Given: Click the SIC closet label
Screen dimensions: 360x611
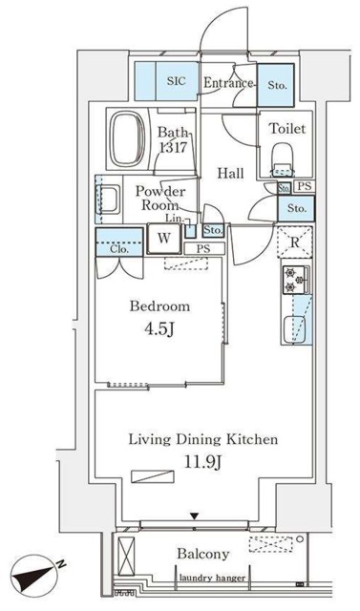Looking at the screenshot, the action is pyautogui.click(x=177, y=81).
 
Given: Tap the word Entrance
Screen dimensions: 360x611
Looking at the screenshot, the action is pyautogui.click(x=228, y=83).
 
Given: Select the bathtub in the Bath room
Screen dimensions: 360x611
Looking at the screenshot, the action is pyautogui.click(x=127, y=138).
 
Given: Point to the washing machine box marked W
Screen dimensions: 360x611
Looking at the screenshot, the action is pyautogui.click(x=164, y=239).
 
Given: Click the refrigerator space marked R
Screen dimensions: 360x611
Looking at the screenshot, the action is pyautogui.click(x=294, y=242).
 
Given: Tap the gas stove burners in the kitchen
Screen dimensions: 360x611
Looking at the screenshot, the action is pyautogui.click(x=295, y=280).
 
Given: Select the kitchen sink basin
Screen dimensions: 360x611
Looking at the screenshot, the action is pyautogui.click(x=294, y=329).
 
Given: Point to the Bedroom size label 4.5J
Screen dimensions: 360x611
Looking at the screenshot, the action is pyautogui.click(x=159, y=329).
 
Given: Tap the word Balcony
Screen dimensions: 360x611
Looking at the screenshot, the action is pyautogui.click(x=203, y=554).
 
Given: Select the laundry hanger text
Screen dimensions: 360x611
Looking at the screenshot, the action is pyautogui.click(x=212, y=578).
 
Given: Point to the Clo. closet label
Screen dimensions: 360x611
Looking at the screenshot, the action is pyautogui.click(x=119, y=249).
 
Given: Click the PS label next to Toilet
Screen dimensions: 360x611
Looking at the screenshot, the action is pyautogui.click(x=305, y=186).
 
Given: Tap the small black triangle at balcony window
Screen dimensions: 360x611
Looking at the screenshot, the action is pyautogui.click(x=195, y=516).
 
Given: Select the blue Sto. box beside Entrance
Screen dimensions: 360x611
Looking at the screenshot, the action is pyautogui.click(x=275, y=85).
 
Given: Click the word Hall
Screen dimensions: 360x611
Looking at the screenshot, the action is pyautogui.click(x=231, y=173).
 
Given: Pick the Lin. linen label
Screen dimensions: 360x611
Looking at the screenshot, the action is pyautogui.click(x=174, y=219).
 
